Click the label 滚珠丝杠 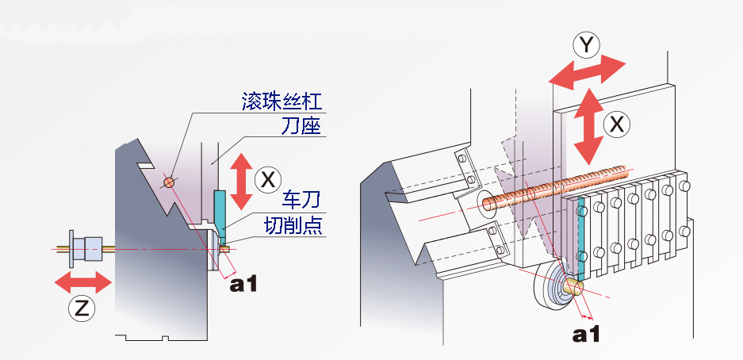click(283, 102)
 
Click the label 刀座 click(301, 127)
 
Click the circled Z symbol click(80, 309)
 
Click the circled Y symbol click(586, 46)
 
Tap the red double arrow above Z click(82, 281)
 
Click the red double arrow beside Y click(588, 71)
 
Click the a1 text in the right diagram click(588, 334)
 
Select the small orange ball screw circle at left click(168, 182)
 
